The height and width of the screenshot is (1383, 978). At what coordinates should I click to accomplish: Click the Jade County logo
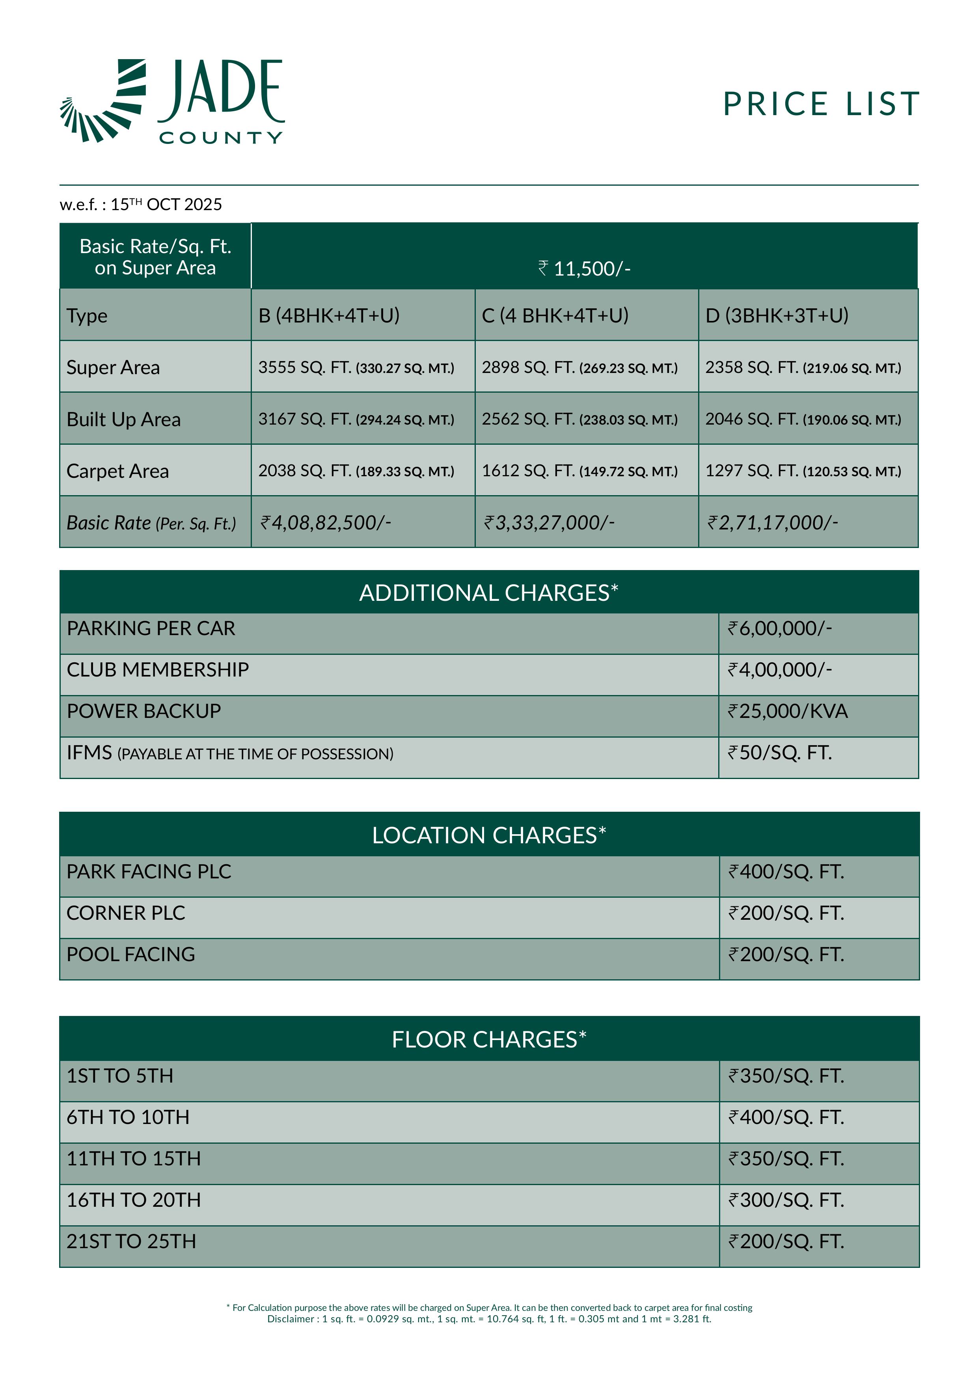click(x=171, y=101)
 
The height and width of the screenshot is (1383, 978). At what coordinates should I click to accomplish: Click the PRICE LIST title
click(x=821, y=104)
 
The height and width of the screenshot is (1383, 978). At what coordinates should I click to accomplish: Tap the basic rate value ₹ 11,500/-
click(x=584, y=268)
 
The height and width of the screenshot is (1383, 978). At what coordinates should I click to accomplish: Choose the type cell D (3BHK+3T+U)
click(x=777, y=316)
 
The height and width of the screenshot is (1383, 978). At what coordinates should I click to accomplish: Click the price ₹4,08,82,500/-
click(x=326, y=522)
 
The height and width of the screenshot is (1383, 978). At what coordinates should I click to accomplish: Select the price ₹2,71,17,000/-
click(x=773, y=522)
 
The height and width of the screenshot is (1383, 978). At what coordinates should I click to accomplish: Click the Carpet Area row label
click(x=117, y=471)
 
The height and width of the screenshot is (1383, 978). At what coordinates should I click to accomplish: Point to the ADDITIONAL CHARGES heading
click(x=488, y=593)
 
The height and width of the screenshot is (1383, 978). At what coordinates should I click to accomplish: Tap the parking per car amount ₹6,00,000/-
click(x=780, y=629)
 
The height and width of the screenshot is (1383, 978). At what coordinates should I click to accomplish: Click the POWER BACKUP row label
click(x=144, y=711)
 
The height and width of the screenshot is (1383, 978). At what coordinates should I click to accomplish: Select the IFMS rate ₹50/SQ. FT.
click(x=780, y=753)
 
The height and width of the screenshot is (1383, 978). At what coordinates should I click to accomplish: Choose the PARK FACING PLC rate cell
click(x=786, y=872)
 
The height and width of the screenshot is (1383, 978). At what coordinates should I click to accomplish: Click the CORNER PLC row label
click(x=126, y=913)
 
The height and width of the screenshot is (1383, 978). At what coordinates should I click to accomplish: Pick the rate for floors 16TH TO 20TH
click(x=786, y=1200)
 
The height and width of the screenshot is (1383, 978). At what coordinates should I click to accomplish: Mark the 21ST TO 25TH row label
click(x=131, y=1241)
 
